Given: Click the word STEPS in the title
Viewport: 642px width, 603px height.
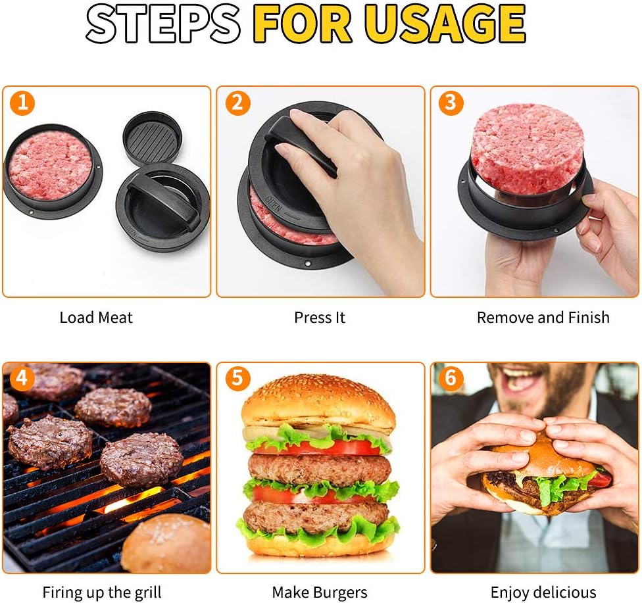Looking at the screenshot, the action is click(163, 23).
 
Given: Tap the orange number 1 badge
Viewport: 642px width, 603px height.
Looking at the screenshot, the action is click(22, 103).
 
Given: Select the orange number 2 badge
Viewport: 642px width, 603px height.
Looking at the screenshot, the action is click(237, 103).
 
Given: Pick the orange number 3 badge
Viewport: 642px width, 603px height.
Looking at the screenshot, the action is click(451, 103).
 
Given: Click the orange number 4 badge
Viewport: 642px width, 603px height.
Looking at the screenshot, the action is click(22, 378).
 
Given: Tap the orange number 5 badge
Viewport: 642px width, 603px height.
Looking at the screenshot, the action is click(237, 378).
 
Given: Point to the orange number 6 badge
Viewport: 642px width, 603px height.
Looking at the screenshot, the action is click(451, 378).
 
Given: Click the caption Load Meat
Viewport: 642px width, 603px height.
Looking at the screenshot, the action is click(96, 318).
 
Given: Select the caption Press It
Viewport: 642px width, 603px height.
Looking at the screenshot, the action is click(320, 318).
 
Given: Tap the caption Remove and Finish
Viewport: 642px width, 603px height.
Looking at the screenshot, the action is click(543, 318).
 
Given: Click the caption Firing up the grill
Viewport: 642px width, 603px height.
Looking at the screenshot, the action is click(102, 592).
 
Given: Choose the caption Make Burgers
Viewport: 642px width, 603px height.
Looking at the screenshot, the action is click(320, 592).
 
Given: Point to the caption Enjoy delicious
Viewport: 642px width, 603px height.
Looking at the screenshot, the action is click(543, 592).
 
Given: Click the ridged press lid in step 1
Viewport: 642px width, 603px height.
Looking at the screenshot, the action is click(153, 139).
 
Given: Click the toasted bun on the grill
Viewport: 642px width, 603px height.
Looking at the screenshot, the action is click(166, 543).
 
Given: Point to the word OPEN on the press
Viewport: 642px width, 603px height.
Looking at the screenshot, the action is click(274, 204).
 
